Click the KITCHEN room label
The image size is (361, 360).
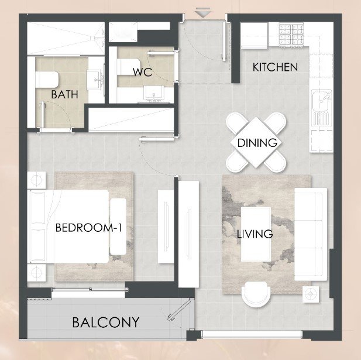pos(275,67)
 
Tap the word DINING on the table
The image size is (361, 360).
pos(257,143)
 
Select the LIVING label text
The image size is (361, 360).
pos(255,234)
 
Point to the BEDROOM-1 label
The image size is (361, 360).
pos(89,228)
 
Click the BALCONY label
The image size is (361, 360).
pos(106,322)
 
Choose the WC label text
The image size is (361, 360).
pos(143,72)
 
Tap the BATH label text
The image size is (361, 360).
pos(64,94)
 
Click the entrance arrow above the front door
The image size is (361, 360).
pos(202,12)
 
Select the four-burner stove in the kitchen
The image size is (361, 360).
pos(291,35)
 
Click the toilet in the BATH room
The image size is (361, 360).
pos(47,80)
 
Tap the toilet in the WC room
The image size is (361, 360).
pos(129,67)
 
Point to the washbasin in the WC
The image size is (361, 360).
pos(154,92)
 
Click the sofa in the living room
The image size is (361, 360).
pos(311,234)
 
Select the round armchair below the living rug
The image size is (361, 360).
pos(256,294)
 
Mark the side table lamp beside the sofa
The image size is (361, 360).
pos(311,294)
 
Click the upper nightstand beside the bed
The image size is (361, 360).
pos(36,180)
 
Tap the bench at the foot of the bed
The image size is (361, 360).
pos(118,227)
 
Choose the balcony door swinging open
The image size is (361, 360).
pos(180,310)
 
